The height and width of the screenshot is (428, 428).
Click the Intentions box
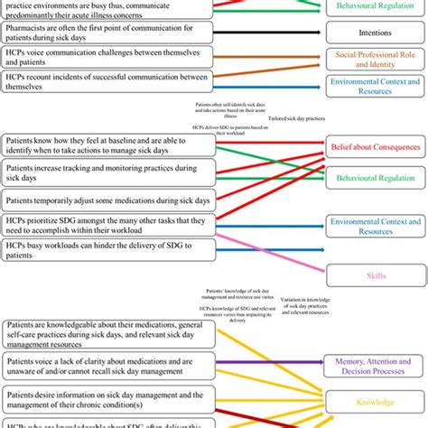[376, 33]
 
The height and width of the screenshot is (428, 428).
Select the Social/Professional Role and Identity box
[376, 61]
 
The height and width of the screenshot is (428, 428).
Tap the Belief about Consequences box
[376, 145]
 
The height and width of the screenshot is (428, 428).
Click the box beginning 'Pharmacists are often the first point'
[108, 33]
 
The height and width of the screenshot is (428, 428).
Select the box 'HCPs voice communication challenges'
[108, 60]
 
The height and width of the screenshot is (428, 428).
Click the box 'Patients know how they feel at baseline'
[108, 147]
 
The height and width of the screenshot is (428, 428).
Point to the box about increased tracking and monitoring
[108, 173]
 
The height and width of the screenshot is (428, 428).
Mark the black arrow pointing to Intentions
[271, 33]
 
